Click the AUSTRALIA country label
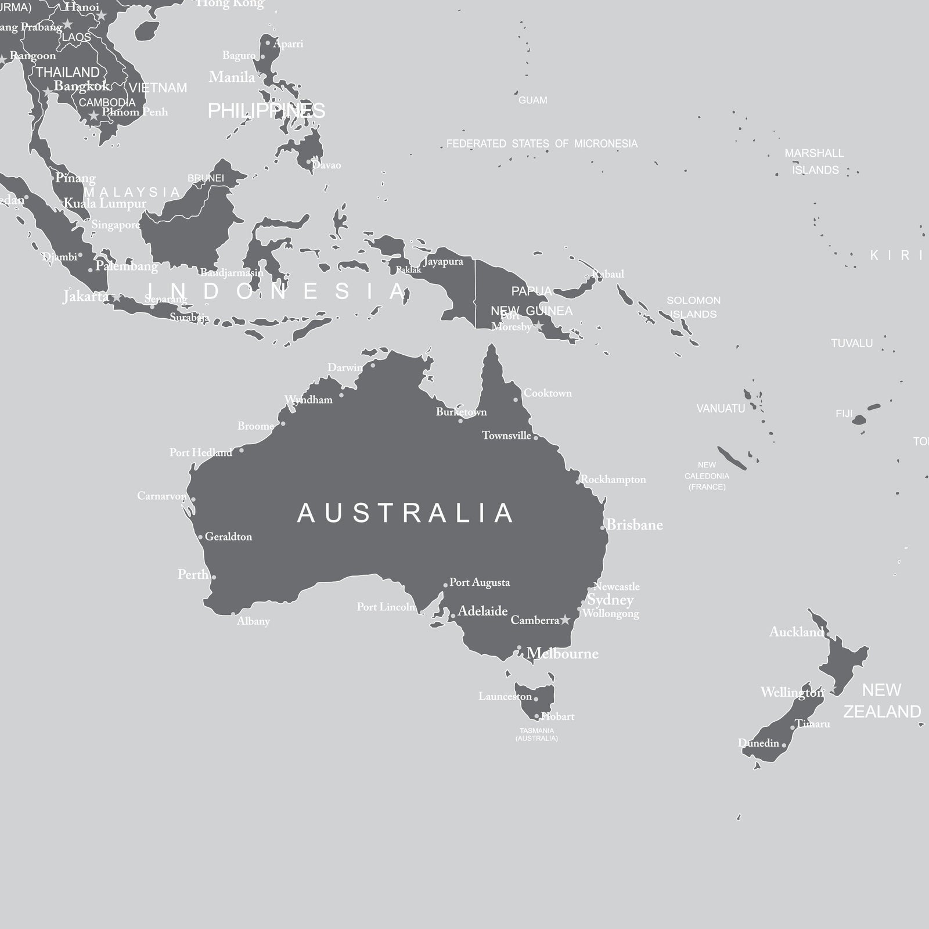[405, 513]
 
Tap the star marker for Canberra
[565, 620]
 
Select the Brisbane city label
[635, 525]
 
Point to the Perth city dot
[214, 577]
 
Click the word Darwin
[345, 368]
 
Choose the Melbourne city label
[563, 654]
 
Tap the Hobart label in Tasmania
[558, 716]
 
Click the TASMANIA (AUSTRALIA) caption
[536, 734]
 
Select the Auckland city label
[796, 632]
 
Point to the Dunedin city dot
[784, 745]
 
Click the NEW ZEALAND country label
[882, 701]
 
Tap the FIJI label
[844, 414]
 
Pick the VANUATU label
[721, 409]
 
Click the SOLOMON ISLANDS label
[693, 307]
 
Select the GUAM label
[532, 100]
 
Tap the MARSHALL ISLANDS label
[815, 161]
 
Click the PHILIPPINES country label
[267, 111]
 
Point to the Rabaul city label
[608, 274]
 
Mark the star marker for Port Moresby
[539, 326]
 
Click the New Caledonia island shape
[732, 458]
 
